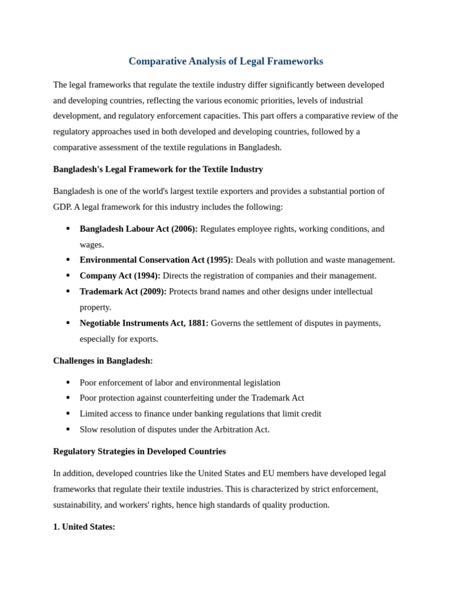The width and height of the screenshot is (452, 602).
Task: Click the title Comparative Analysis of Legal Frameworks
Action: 225,61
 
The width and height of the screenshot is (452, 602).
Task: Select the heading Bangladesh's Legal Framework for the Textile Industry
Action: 158,169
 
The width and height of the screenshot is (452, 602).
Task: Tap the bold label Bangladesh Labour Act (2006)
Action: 138,229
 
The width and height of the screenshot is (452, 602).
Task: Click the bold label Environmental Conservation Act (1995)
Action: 156,260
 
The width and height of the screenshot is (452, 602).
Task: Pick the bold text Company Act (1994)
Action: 119,276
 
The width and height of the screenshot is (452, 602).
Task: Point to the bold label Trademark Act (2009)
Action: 123,292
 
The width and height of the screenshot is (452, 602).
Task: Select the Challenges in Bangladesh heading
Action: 103,361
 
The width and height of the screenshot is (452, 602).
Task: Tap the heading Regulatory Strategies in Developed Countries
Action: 139,451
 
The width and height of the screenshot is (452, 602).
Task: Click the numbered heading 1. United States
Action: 84,527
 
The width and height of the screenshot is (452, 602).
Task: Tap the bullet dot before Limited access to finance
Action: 68,414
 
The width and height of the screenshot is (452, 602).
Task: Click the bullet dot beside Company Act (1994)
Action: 68,276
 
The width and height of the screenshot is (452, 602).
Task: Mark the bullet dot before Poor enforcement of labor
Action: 68,383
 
